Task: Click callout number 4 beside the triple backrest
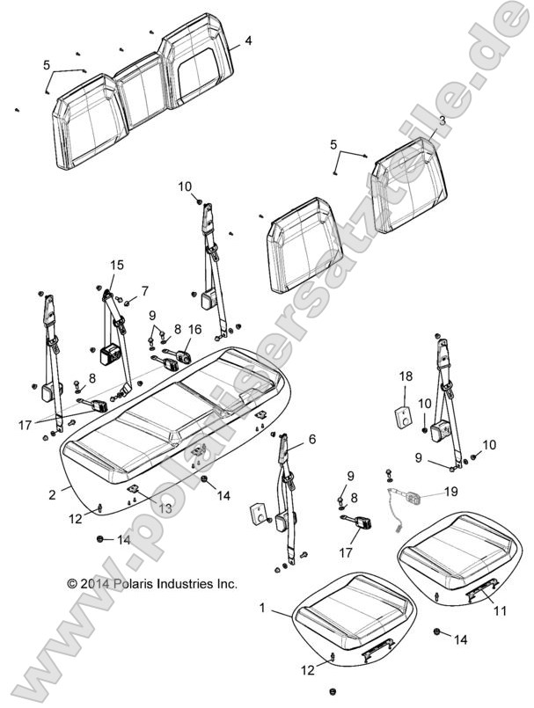pyautogui.click(x=248, y=40)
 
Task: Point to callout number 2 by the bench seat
pyautogui.click(x=53, y=494)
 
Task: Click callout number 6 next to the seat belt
pyautogui.click(x=311, y=438)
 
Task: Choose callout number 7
pyautogui.click(x=144, y=290)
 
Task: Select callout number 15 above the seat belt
pyautogui.click(x=117, y=264)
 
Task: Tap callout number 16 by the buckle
pyautogui.click(x=194, y=330)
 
